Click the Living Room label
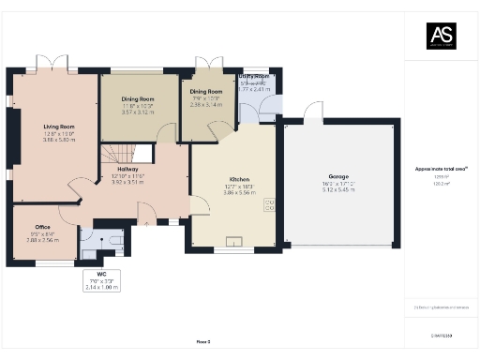click(58, 127)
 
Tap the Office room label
click(42, 227)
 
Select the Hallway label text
click(127, 169)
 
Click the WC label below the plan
click(102, 274)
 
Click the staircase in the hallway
click(118, 154)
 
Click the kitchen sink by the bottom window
click(234, 242)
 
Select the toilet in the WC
click(116, 240)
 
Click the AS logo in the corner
click(442, 35)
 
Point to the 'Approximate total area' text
click(441, 169)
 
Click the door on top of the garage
click(312, 114)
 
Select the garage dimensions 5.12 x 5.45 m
click(339, 189)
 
